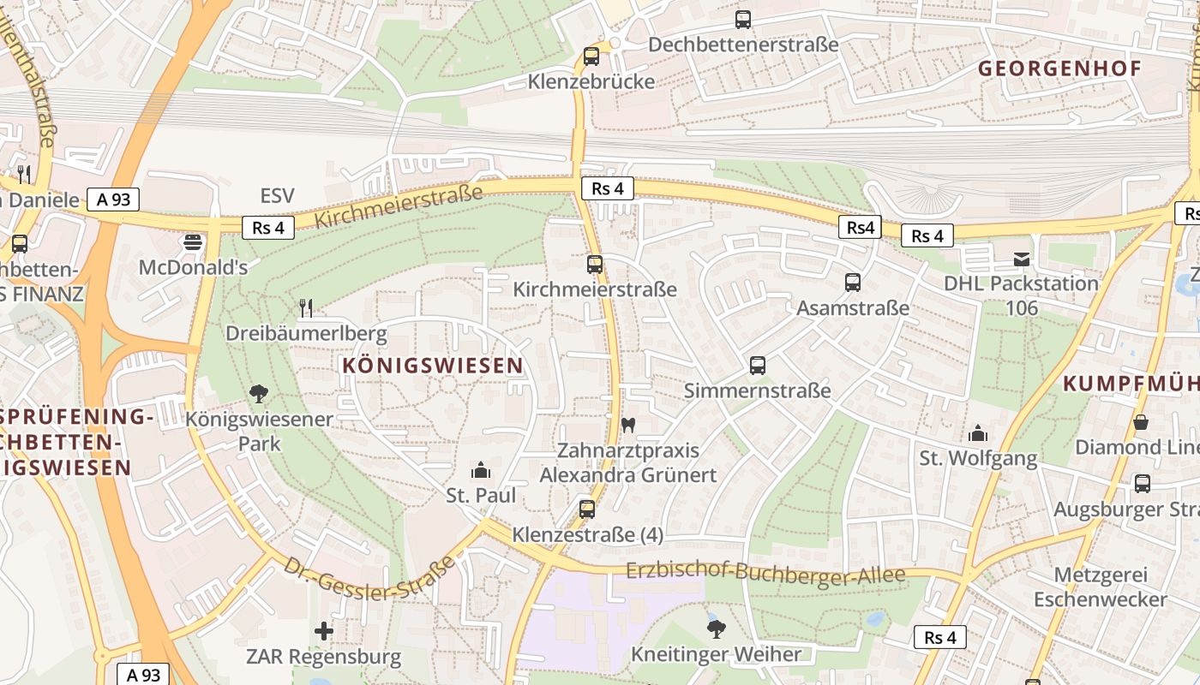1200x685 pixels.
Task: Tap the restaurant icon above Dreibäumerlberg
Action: [306, 307]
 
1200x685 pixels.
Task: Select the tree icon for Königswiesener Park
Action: [259, 394]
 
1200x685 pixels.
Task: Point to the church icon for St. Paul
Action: [481, 470]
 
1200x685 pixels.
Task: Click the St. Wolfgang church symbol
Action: [978, 433]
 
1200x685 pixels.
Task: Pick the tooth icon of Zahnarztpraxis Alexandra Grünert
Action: [627, 425]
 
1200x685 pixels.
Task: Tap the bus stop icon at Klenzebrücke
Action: [591, 57]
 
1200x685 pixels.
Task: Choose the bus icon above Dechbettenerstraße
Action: [743, 19]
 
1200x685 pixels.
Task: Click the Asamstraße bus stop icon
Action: [853, 283]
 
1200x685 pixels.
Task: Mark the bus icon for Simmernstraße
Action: [758, 366]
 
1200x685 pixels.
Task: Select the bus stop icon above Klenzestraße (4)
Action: [587, 509]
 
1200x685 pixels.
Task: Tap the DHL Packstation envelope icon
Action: [1021, 259]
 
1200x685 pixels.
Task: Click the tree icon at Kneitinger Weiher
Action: [716, 629]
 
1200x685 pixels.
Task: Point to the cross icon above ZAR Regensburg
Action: [323, 632]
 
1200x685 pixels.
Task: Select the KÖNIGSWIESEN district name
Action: [433, 366]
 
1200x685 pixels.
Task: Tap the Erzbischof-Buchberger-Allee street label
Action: [765, 574]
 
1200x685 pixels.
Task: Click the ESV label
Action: [277, 196]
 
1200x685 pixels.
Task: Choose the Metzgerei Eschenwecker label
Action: [1100, 587]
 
